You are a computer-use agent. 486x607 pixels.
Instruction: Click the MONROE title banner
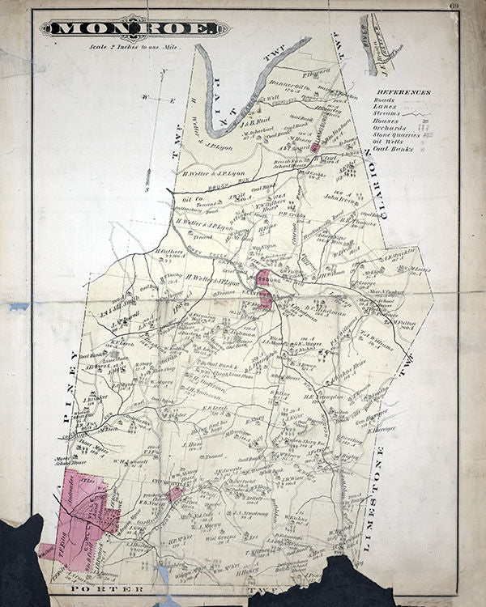pos(134,28)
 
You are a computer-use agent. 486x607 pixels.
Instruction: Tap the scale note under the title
pos(134,46)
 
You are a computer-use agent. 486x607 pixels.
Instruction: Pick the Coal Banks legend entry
pos(392,149)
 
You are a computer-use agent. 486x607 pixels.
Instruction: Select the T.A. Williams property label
pos(377,342)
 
